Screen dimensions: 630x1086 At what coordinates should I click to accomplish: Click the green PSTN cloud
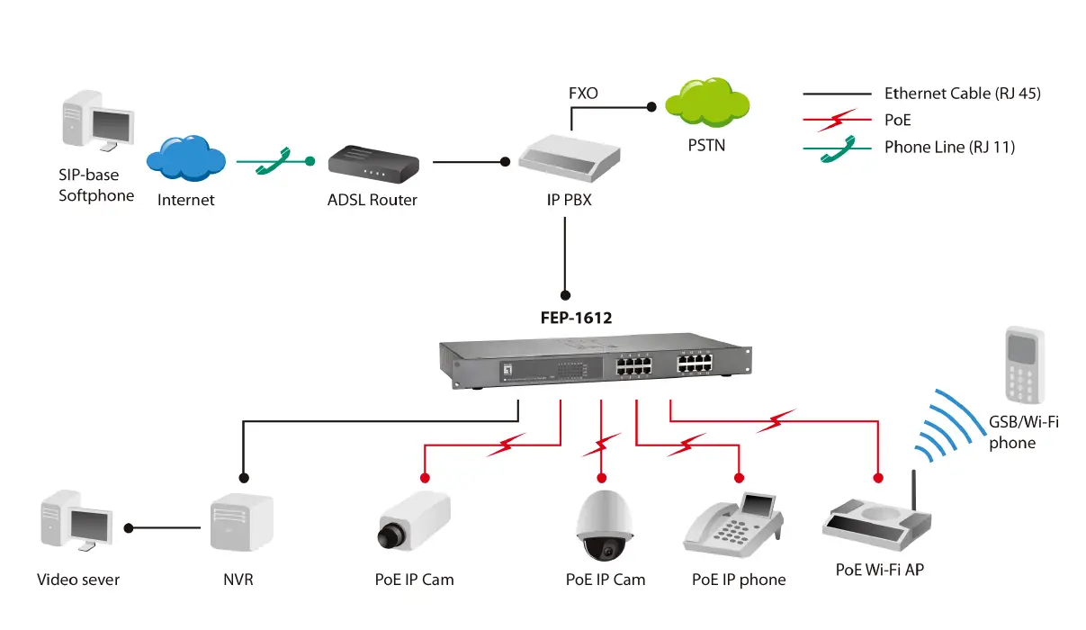pos(705,104)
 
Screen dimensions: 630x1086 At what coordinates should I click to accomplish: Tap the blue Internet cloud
pos(185,159)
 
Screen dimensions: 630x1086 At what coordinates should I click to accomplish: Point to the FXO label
pos(583,94)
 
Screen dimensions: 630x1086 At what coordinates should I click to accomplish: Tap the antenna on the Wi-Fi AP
pos(913,491)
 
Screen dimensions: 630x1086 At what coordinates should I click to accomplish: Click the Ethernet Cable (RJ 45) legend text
pos(962,94)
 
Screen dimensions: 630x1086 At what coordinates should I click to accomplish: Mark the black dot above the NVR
pos(242,478)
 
